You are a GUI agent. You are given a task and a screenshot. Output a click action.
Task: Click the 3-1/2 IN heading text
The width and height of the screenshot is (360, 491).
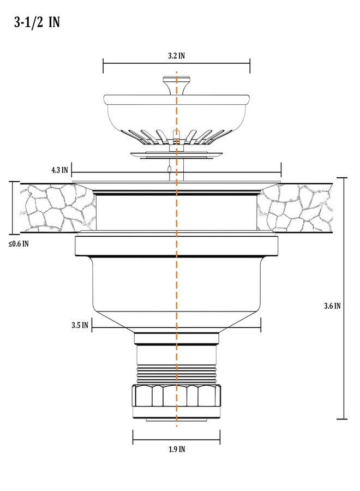pyautogui.click(x=37, y=22)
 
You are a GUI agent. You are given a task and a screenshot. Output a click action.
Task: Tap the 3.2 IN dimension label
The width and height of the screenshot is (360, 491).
pyautogui.click(x=177, y=56)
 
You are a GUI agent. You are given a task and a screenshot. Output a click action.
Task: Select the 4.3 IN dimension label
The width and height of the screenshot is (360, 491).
pyautogui.click(x=59, y=170)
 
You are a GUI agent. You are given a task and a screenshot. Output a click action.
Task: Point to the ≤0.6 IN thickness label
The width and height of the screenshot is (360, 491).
pyautogui.click(x=19, y=244)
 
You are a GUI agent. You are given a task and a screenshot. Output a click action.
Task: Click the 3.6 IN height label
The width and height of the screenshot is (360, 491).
pyautogui.click(x=332, y=306)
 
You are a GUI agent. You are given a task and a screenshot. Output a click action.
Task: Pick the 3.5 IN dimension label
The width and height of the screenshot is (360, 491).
pyautogui.click(x=80, y=325)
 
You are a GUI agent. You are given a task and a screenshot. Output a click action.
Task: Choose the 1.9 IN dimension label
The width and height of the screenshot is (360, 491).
pyautogui.click(x=177, y=450)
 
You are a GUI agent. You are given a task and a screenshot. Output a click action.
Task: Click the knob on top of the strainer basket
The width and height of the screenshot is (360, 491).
pyautogui.click(x=177, y=85)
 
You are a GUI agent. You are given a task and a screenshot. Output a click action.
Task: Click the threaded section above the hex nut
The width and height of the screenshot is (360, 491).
pyautogui.click(x=177, y=374)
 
